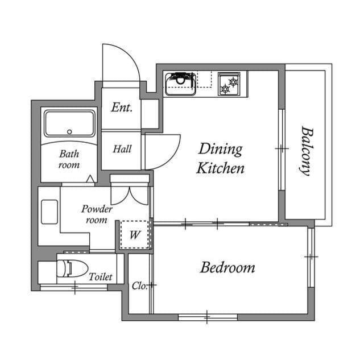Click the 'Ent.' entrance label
pyautogui.click(x=122, y=107)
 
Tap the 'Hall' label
pyautogui.click(x=122, y=149)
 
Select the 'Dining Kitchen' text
pyautogui.click(x=221, y=159)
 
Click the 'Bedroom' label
pyautogui.click(x=227, y=267)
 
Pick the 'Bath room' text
pyautogui.click(x=69, y=159)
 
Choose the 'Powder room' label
pyautogui.click(x=97, y=214)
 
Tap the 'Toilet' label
pyautogui.click(x=100, y=278)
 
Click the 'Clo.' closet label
pyautogui.click(x=139, y=286)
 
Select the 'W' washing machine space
pyautogui.click(x=135, y=234)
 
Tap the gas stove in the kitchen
pyautogui.click(x=229, y=84)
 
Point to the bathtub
pyautogui.click(x=69, y=123)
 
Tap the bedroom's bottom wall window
pyautogui.click(x=208, y=317)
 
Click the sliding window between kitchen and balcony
pyautogui.click(x=281, y=149)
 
